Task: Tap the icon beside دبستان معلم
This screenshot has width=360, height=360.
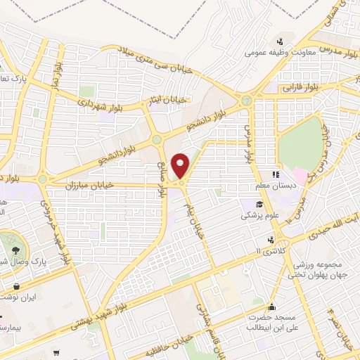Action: pyautogui.click(x=276, y=174)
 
